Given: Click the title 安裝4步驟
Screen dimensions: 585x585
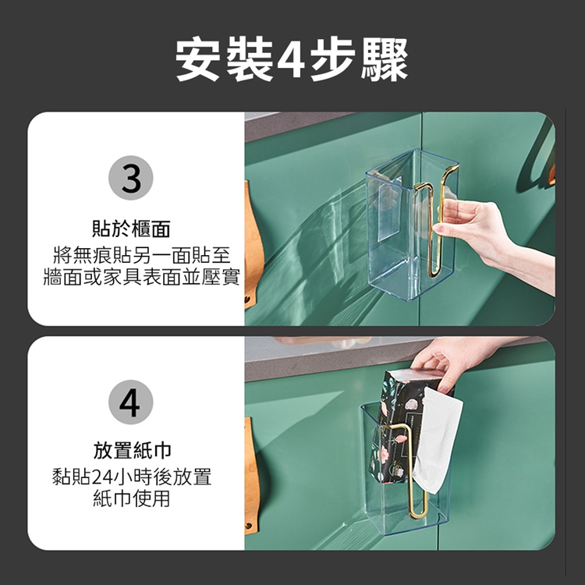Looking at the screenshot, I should [x=292, y=60].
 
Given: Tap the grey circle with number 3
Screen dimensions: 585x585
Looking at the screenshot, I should [x=130, y=179].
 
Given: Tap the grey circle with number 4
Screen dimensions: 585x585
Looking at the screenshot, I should [x=130, y=402].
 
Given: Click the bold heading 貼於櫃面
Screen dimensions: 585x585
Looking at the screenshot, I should [x=131, y=229].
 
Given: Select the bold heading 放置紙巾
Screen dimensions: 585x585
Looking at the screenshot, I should [x=131, y=451].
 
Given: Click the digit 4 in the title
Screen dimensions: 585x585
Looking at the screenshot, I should [x=291, y=60].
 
